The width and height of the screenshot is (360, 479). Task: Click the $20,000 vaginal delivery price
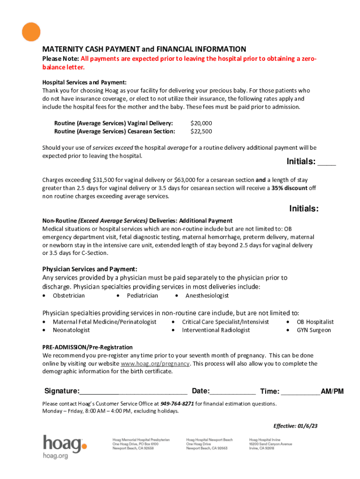click(x=201, y=123)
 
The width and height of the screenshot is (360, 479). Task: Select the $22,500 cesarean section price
click(x=201, y=131)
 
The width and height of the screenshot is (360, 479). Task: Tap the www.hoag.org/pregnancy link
click(x=155, y=363)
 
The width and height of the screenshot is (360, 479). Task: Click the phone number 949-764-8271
click(x=177, y=403)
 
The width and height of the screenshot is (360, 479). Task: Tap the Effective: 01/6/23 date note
click(x=295, y=426)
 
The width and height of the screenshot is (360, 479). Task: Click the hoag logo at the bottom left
click(x=65, y=447)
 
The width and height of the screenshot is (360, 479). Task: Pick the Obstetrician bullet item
click(x=69, y=296)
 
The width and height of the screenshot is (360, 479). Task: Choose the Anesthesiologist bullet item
click(x=207, y=296)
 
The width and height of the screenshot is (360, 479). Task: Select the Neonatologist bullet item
click(x=71, y=330)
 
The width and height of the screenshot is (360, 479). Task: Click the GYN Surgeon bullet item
click(x=314, y=330)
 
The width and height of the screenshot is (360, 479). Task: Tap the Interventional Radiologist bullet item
click(x=216, y=330)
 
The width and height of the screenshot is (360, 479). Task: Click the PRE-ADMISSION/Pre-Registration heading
click(x=87, y=347)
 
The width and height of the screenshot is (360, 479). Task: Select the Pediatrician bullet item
click(x=142, y=296)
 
